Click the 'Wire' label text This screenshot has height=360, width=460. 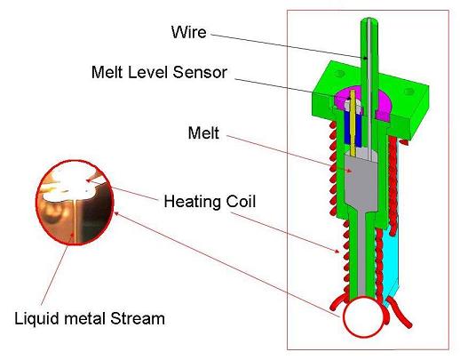188,32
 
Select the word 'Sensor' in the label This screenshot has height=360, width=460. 200,72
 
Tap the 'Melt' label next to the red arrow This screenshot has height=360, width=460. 203,132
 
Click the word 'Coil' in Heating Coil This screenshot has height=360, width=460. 241,202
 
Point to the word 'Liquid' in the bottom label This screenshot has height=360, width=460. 36,319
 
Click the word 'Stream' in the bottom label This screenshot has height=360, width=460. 138,318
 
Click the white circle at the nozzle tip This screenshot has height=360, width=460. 364,316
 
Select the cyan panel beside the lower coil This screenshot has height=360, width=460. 392,260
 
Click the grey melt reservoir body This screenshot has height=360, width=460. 361,184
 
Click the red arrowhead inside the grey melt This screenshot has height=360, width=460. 349,171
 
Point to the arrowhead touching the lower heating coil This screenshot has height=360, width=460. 337,252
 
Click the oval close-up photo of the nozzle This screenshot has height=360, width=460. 75,203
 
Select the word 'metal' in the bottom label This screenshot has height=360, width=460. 84,319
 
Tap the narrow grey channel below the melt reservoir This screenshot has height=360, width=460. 361,252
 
